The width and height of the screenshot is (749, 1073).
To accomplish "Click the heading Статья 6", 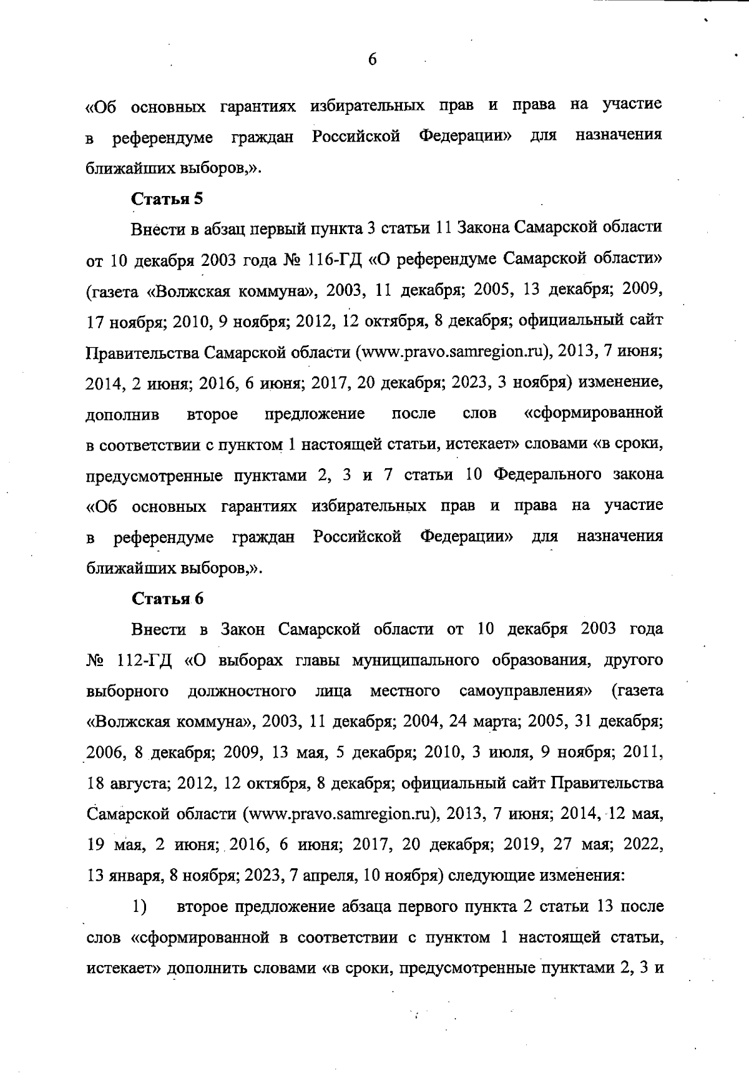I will click(167, 599).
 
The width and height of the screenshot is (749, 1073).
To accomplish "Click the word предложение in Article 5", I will click(315, 414).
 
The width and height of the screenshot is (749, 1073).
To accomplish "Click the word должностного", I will click(242, 692).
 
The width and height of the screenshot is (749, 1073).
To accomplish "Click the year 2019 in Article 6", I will click(521, 845).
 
